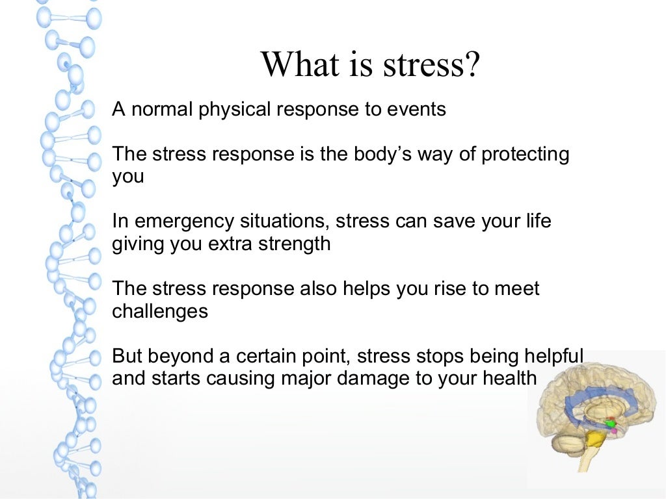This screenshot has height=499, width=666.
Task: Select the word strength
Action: pos(293,244)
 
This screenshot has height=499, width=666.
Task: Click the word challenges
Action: pos(160,311)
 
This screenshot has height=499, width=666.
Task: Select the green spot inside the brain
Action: pos(610,424)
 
